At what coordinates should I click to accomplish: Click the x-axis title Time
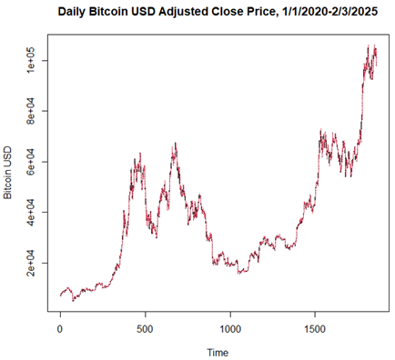pos(217,351)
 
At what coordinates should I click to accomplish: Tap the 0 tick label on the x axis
pos(60,325)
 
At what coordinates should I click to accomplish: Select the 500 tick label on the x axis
pos(145,325)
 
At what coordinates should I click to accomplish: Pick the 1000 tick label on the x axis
pos(230,325)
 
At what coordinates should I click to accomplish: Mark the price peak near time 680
pos(176,143)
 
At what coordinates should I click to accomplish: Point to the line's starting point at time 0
pos(60,295)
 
